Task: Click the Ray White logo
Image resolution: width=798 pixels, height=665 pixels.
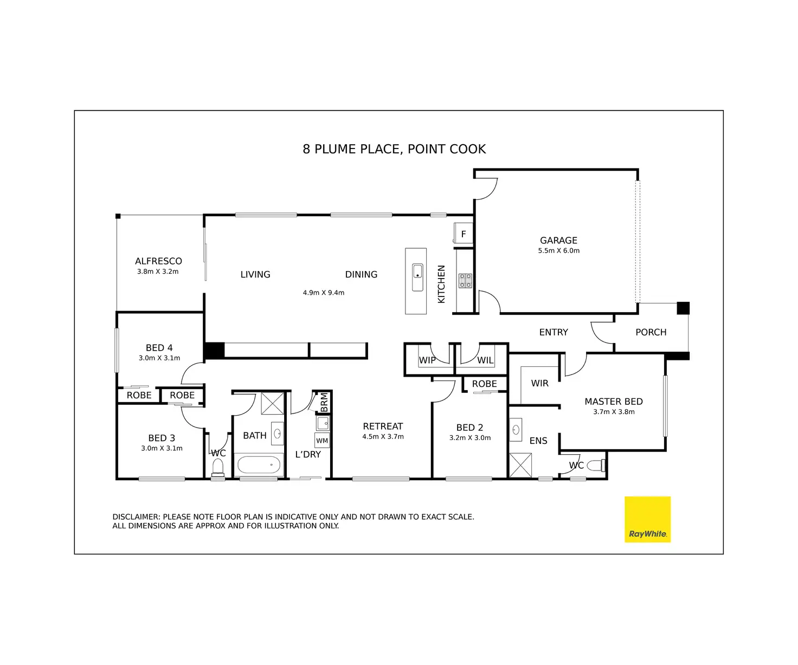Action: (647, 519)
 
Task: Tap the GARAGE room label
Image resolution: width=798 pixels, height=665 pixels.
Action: (558, 240)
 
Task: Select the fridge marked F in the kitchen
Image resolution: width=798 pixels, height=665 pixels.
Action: (464, 234)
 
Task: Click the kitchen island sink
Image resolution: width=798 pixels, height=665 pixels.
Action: (417, 277)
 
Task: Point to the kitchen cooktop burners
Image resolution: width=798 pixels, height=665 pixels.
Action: (465, 280)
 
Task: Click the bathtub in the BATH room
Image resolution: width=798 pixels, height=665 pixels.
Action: (259, 465)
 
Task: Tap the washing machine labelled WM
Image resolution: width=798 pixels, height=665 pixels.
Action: (322, 441)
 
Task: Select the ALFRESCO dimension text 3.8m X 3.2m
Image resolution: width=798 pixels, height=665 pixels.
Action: (158, 272)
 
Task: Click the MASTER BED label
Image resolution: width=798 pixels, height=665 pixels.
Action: (613, 402)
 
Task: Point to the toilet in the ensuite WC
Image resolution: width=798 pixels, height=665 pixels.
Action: (596, 465)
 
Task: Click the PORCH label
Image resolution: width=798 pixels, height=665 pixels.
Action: (651, 332)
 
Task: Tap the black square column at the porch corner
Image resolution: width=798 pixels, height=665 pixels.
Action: (683, 308)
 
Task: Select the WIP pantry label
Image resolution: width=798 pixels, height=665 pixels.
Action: (427, 360)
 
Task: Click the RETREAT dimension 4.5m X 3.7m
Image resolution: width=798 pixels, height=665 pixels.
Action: (383, 437)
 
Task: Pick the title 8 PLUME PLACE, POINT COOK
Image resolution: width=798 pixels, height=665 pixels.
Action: (394, 149)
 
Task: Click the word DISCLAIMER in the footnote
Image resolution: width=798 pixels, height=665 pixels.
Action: (136, 517)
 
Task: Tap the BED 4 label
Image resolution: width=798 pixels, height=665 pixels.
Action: (159, 348)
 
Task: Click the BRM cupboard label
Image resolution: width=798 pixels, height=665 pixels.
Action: (324, 402)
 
